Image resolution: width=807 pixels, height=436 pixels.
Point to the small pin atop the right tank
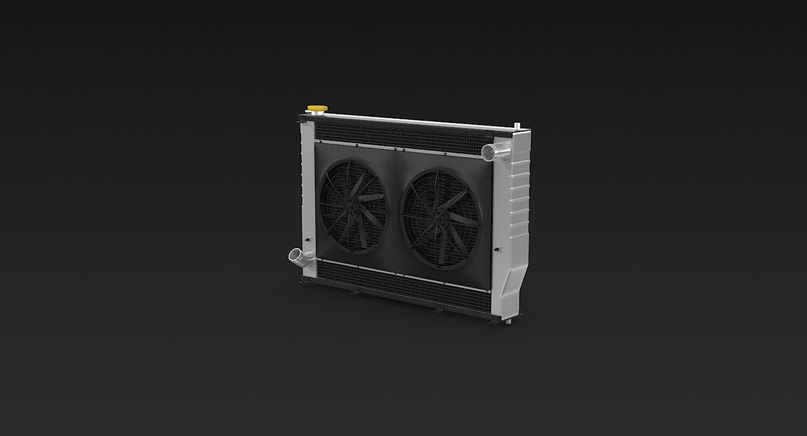(x=517, y=126)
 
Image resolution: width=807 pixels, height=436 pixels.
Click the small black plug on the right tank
(x=498, y=250)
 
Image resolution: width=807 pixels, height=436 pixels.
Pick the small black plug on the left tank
(x=307, y=240)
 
